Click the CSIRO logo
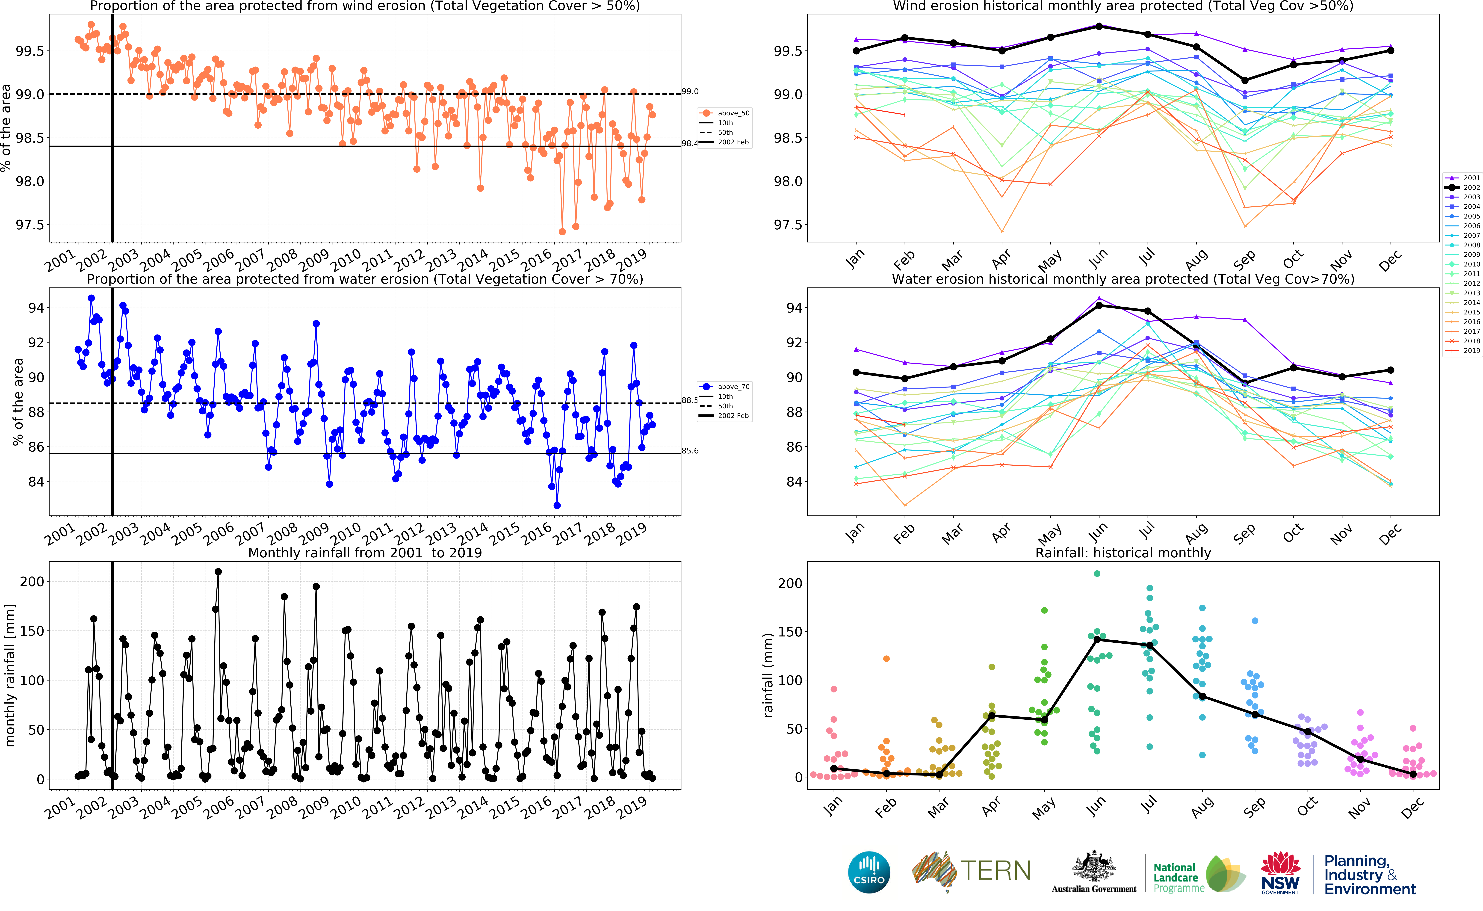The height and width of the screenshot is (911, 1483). click(x=869, y=873)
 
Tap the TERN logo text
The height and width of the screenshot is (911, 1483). click(x=995, y=871)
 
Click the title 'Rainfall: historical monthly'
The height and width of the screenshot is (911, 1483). click(x=1123, y=553)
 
